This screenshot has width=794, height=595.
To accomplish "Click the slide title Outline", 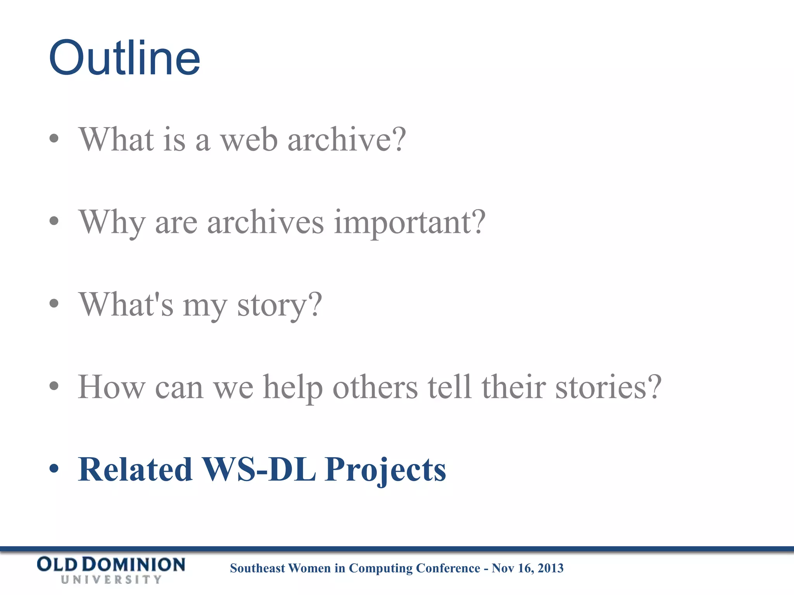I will (124, 58).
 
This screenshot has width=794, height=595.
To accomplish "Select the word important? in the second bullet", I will (409, 222).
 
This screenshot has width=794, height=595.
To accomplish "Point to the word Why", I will (112, 223).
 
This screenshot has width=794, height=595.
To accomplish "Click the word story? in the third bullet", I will (280, 305).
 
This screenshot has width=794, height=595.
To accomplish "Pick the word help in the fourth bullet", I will (293, 387).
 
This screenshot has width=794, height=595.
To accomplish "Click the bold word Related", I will (135, 469).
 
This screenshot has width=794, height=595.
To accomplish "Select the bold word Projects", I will (385, 470).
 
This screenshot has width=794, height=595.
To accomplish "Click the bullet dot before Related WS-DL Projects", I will (54, 469).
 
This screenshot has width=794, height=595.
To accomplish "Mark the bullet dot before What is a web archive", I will (54, 139).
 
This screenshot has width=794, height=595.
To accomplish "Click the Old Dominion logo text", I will (111, 565).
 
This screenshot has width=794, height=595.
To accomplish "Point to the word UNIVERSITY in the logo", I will (111, 580).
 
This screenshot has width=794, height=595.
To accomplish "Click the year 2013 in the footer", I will (551, 568).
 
